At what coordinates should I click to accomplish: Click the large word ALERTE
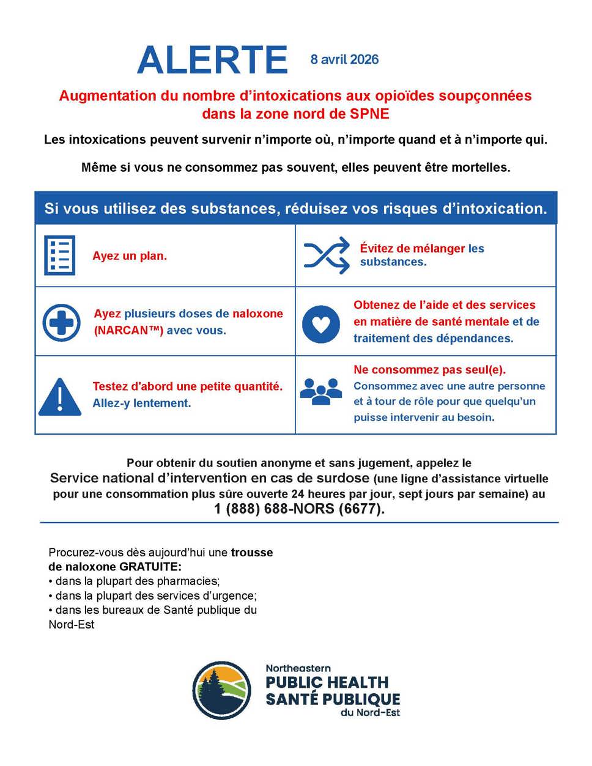(212, 60)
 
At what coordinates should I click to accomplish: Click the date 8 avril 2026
(344, 59)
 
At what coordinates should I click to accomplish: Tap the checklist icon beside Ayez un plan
(60, 255)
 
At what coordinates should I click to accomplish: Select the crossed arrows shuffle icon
(327, 255)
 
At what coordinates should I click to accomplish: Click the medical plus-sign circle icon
(61, 322)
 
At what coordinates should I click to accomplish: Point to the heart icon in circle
(321, 324)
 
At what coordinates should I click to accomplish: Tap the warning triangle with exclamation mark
(60, 397)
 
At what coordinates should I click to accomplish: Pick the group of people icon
(321, 391)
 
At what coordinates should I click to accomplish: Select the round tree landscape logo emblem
(221, 690)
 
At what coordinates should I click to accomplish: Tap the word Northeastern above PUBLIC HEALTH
(298, 668)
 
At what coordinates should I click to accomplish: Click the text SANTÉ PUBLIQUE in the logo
(333, 699)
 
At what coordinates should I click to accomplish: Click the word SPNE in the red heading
(369, 114)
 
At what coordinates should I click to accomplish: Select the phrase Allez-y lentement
(142, 403)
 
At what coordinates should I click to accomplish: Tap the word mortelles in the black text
(480, 168)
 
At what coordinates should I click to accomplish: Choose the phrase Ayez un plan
(130, 256)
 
